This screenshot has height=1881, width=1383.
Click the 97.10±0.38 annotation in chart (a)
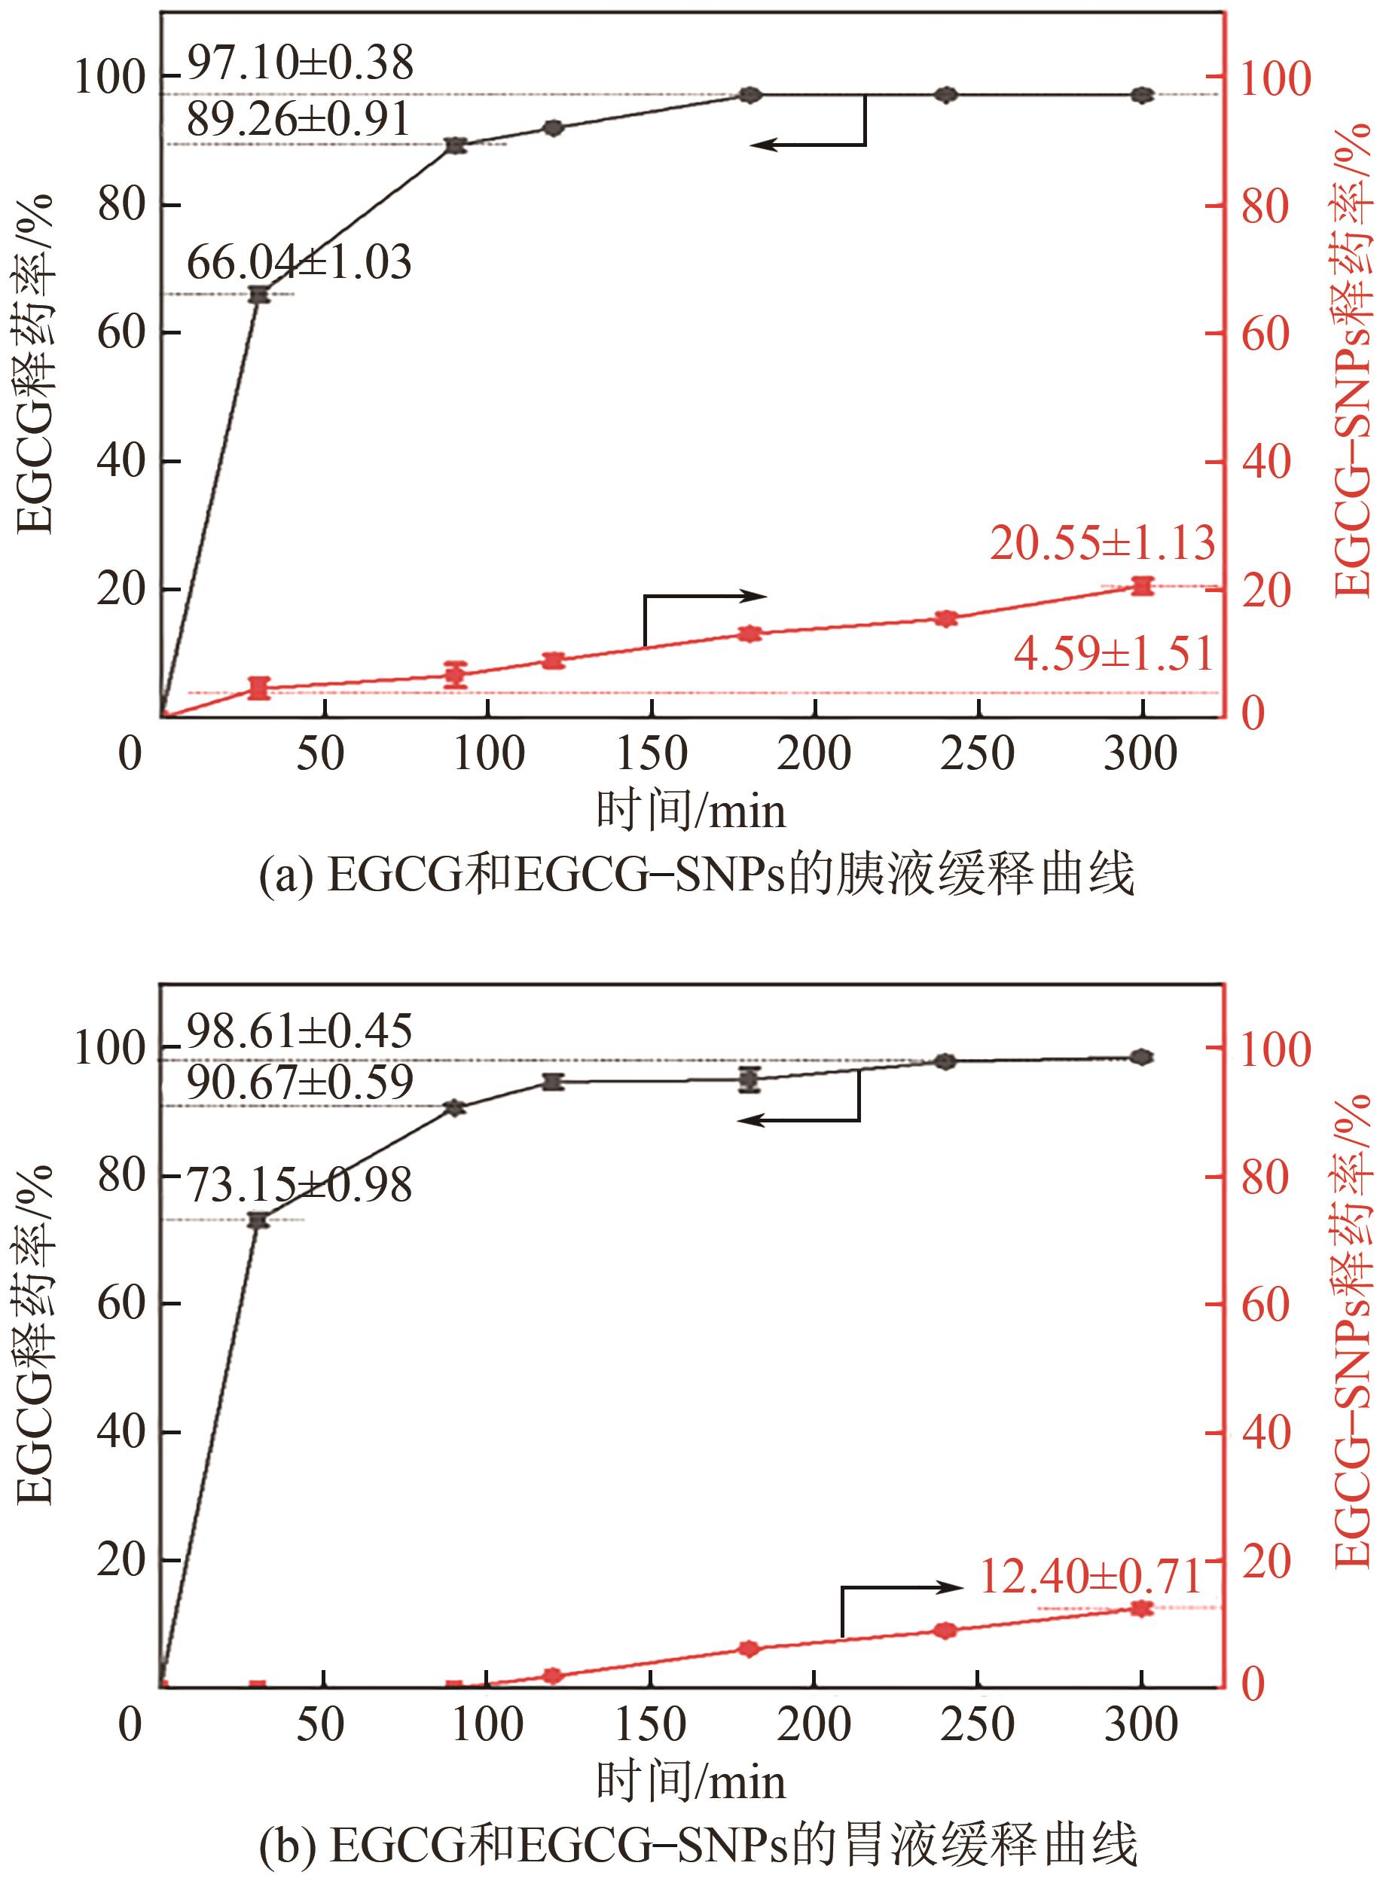pos(300,63)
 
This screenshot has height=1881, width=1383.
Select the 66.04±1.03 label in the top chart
pos(299,263)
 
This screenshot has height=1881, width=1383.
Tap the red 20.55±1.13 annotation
pos(1102,543)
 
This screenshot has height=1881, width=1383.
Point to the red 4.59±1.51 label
pos(1113,654)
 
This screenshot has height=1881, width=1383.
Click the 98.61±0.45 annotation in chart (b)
pos(299,1031)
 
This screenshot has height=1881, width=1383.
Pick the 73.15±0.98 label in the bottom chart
pos(299,1186)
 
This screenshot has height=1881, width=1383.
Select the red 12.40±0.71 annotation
pos(1090,1577)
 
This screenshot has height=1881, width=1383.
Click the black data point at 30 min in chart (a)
pos(260,295)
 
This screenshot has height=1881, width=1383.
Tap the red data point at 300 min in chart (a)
pos(1142,586)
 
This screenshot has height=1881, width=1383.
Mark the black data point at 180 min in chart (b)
pos(750,1080)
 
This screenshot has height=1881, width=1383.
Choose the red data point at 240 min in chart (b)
pos(945,1630)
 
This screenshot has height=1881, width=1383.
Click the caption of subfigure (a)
pos(696,875)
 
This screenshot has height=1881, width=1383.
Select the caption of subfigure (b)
pos(698,1845)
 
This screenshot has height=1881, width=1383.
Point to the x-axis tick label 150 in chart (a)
pos(652,753)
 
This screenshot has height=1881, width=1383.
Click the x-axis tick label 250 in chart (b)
pos(977,1724)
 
